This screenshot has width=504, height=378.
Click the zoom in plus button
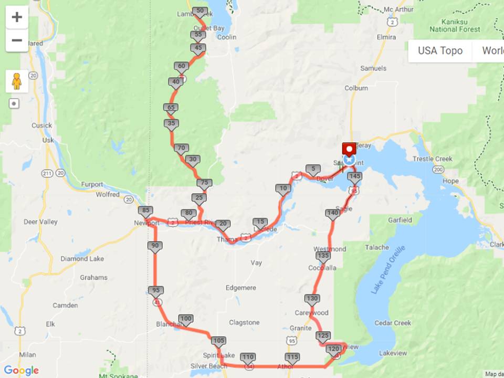[17, 17]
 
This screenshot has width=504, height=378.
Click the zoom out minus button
[17, 40]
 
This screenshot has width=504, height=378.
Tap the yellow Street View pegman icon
[17, 81]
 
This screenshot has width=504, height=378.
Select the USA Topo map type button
[440, 51]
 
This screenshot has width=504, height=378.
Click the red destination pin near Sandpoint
[349, 149]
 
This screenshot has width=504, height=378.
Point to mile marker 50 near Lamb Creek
[199, 11]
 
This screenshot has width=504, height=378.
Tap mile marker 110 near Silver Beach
[248, 358]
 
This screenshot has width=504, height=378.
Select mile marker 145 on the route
[354, 177]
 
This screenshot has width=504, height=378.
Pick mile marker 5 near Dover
[313, 170]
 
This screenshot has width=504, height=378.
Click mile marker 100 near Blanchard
[186, 319]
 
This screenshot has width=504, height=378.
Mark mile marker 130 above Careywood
[312, 299]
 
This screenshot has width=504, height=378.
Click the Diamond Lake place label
[82, 259]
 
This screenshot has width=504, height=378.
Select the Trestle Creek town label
[432, 159]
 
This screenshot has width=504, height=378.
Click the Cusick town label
[41, 125]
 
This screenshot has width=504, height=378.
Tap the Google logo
[21, 371]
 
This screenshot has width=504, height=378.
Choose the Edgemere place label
[240, 288]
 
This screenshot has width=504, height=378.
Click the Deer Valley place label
[40, 222]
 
